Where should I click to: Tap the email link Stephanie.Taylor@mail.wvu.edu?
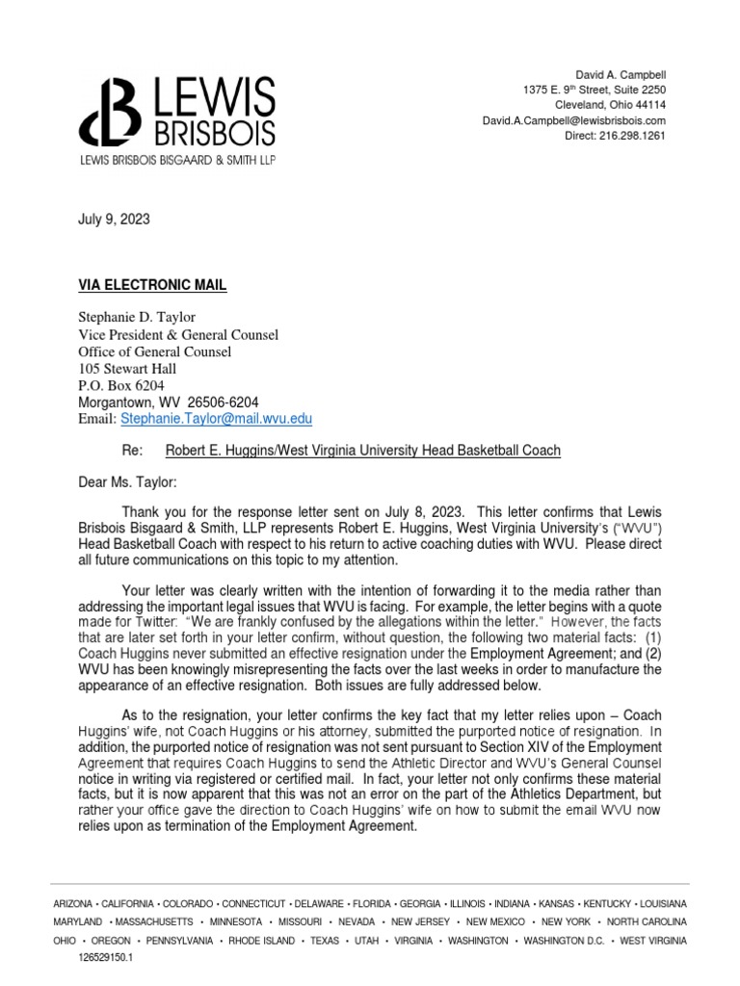click(x=216, y=419)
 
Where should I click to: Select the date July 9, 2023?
click(x=114, y=220)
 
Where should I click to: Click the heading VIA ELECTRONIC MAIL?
click(x=152, y=285)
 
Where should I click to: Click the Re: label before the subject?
click(x=132, y=450)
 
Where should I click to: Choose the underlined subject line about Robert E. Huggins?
click(x=363, y=450)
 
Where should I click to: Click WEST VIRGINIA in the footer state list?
click(x=653, y=940)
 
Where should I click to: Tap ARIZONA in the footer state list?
click(x=73, y=904)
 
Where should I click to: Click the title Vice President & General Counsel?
click(x=178, y=335)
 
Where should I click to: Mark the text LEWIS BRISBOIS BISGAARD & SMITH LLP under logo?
click(x=177, y=161)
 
